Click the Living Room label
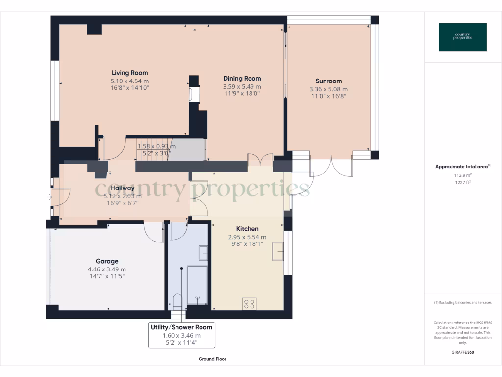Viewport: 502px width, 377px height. pyautogui.click(x=129, y=73)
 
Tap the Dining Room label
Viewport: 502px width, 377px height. pyautogui.click(x=242, y=78)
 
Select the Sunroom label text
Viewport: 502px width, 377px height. pyautogui.click(x=328, y=81)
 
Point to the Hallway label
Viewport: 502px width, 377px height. pyautogui.click(x=122, y=188)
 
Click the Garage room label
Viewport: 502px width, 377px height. pyautogui.click(x=107, y=261)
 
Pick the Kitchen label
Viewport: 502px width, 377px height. pyautogui.click(x=247, y=229)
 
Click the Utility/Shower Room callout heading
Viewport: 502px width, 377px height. pyautogui.click(x=181, y=327)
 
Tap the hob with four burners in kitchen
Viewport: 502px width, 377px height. pyautogui.click(x=249, y=304)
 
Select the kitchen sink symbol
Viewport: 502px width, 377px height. pyautogui.click(x=277, y=251)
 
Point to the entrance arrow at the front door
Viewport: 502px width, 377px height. pyautogui.click(x=49, y=197)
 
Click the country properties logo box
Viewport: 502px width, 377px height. pyautogui.click(x=463, y=37)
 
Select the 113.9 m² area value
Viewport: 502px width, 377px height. pyautogui.click(x=463, y=175)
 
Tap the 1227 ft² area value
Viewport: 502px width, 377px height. pyautogui.click(x=463, y=182)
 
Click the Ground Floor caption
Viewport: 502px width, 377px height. pyautogui.click(x=212, y=359)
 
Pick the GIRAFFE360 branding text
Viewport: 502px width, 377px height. pyautogui.click(x=463, y=352)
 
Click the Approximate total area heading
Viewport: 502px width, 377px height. pyautogui.click(x=462, y=167)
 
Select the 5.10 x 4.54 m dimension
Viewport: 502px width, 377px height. pyautogui.click(x=129, y=81)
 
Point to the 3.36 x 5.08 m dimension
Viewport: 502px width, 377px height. pyautogui.click(x=328, y=89)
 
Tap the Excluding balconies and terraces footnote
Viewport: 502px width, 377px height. pyautogui.click(x=463, y=303)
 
